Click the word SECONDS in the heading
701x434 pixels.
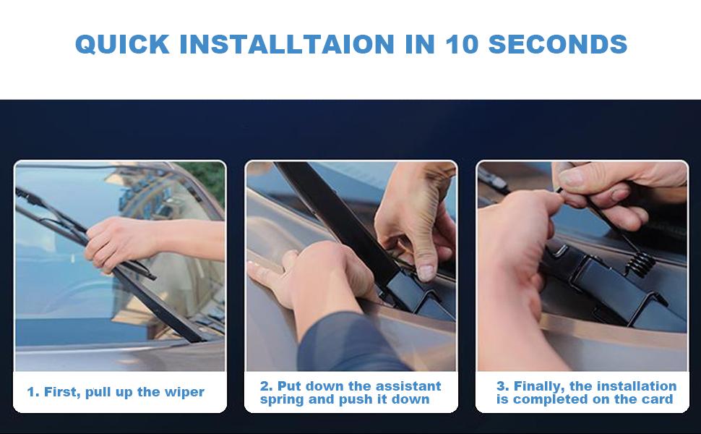[x=557, y=44]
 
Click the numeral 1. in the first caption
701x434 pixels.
[x=33, y=393]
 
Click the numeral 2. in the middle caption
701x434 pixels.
[x=266, y=386]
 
